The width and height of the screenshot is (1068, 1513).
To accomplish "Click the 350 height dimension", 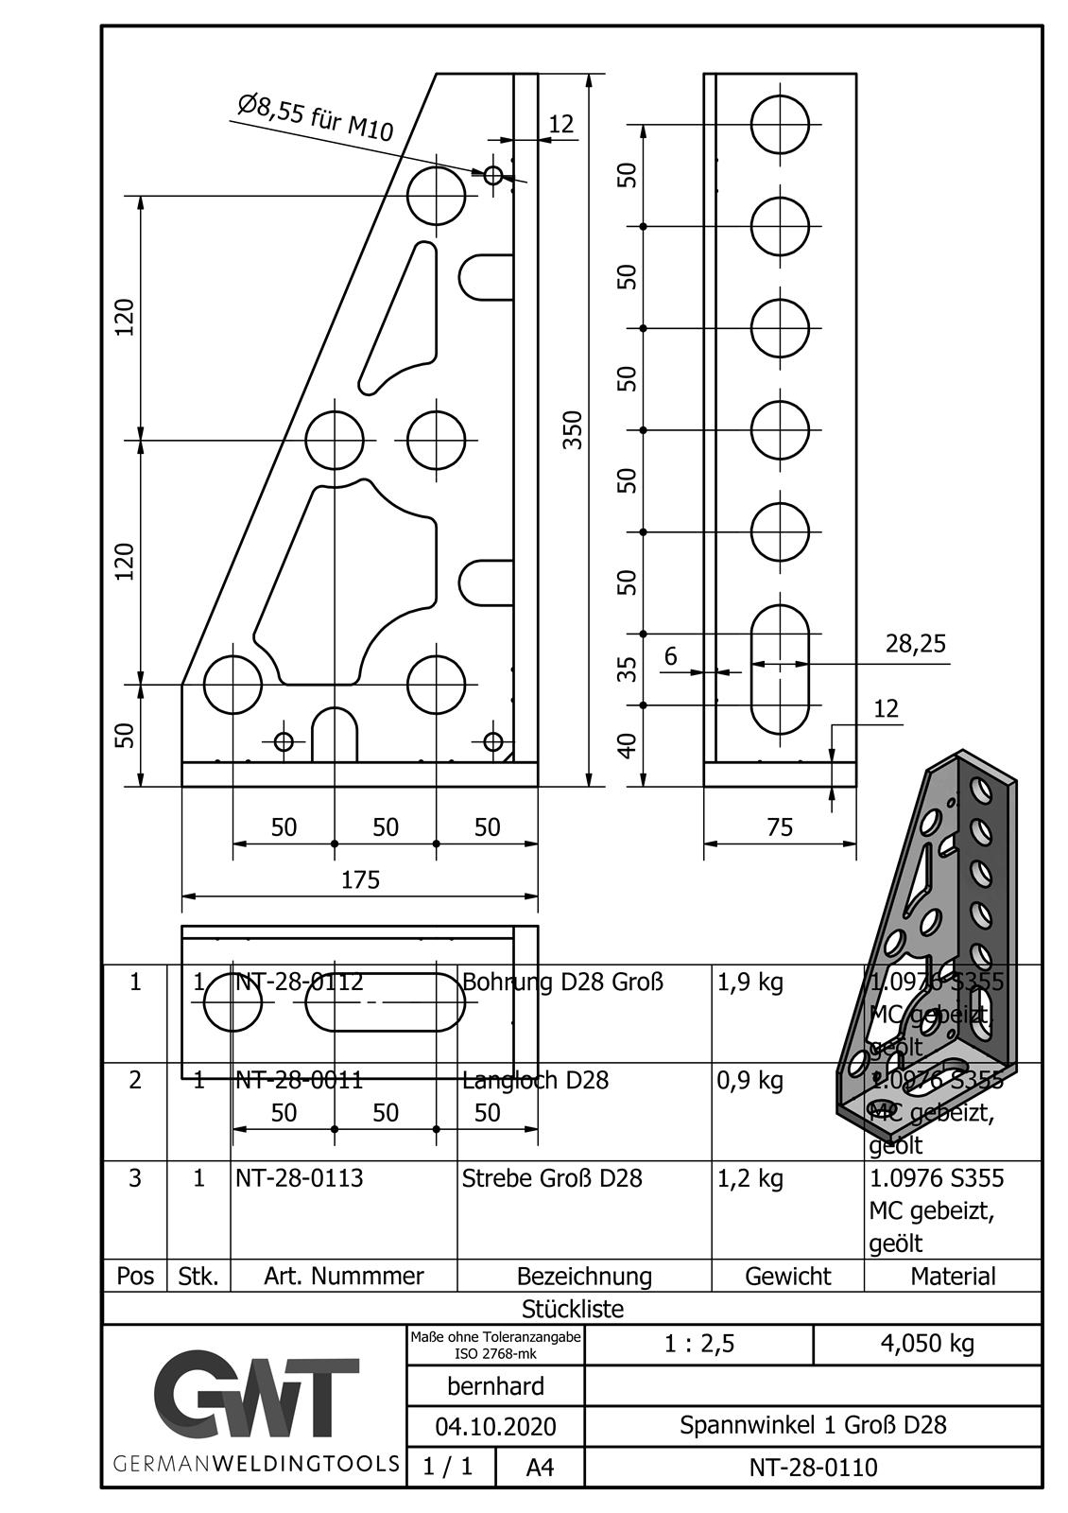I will coord(573,430).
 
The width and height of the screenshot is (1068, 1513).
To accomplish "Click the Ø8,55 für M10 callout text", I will coord(316,118).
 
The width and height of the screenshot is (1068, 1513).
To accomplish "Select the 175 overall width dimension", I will coord(360,880).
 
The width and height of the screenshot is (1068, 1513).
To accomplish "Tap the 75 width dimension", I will coord(780,827).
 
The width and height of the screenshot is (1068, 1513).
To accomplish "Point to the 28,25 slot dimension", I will coord(915,644).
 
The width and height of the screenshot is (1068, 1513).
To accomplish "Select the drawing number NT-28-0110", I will coord(813,1468).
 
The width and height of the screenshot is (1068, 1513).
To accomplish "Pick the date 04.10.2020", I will coord(495,1426).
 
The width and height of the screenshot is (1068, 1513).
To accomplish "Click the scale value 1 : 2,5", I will coord(698,1344).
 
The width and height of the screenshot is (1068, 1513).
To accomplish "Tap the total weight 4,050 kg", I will coord(926,1344).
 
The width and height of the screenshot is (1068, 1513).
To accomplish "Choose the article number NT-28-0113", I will coord(299,1178).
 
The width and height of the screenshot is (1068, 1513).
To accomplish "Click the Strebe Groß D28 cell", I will coord(552,1178).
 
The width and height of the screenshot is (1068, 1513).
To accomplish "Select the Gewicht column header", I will coord(787,1277).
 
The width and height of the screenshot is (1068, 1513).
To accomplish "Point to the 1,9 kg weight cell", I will coord(750,982).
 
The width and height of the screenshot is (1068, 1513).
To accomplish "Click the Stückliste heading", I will coord(573,1309).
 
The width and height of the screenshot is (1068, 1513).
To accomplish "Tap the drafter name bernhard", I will coord(495,1386).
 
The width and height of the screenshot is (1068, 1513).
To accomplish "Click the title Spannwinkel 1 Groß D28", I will coord(813,1425).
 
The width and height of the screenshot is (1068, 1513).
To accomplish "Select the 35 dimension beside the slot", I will coord(627,669).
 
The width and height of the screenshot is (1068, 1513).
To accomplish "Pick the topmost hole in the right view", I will coord(780,124).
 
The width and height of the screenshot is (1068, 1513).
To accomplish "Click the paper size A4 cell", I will coord(540,1468).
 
